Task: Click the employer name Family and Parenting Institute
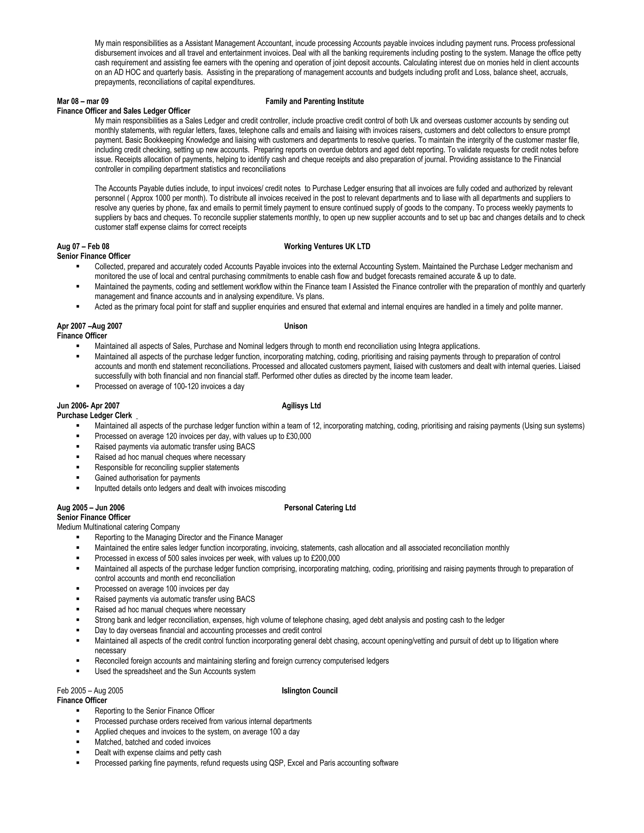tap(314, 101)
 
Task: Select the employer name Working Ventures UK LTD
tap(327, 246)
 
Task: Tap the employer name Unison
tap(296, 326)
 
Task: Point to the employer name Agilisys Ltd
tap(301, 406)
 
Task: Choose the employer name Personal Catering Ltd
tap(320, 508)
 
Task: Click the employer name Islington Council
tap(309, 691)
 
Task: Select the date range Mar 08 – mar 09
tap(83, 101)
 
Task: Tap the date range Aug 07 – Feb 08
tap(83, 246)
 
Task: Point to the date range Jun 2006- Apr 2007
tap(88, 406)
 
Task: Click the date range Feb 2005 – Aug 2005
tap(90, 691)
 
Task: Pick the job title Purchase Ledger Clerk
tap(94, 415)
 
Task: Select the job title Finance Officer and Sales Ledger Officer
tap(124, 111)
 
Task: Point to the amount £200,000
tap(325, 558)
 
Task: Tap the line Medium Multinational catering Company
tap(118, 527)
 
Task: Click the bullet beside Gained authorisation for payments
tap(78, 477)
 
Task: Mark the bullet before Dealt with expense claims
tap(78, 752)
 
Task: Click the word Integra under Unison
tap(429, 346)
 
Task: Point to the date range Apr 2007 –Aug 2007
tap(90, 326)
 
